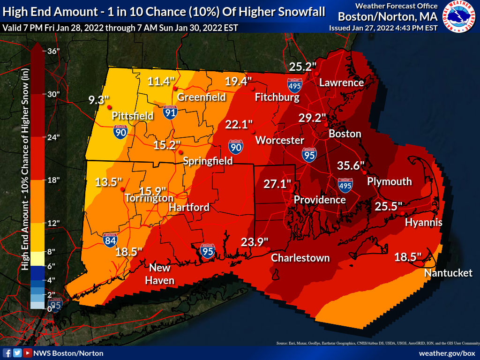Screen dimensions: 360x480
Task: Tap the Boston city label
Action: click(x=345, y=134)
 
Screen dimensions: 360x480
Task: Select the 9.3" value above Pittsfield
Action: click(x=99, y=99)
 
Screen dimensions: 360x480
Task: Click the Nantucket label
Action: click(x=448, y=273)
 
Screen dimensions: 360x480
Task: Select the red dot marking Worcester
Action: click(x=253, y=131)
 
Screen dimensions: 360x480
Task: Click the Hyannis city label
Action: click(x=424, y=222)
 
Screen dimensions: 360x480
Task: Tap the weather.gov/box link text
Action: click(x=447, y=353)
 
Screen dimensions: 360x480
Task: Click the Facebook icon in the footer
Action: click(x=7, y=353)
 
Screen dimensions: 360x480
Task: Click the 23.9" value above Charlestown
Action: click(x=255, y=242)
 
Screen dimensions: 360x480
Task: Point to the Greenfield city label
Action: click(x=202, y=97)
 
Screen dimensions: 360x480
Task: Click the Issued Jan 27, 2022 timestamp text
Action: click(x=383, y=28)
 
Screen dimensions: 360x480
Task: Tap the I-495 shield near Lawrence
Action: click(x=295, y=84)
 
